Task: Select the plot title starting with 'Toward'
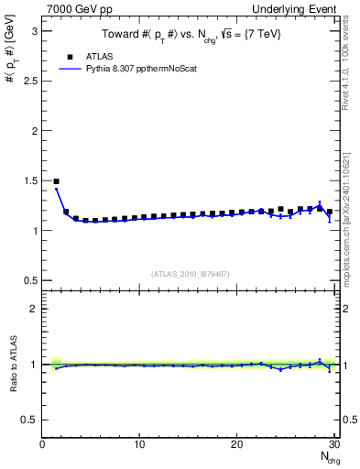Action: click(188, 34)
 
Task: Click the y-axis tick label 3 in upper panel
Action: click(34, 30)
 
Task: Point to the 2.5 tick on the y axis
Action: click(30, 81)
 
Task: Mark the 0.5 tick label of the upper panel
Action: click(30, 280)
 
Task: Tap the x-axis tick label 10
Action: click(139, 444)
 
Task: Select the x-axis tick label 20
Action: click(237, 444)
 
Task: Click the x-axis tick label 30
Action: click(334, 444)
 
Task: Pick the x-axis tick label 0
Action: click(42, 444)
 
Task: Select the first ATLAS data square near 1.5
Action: click(57, 181)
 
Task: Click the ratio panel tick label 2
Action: click(34, 309)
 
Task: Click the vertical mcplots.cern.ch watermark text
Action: click(353, 211)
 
